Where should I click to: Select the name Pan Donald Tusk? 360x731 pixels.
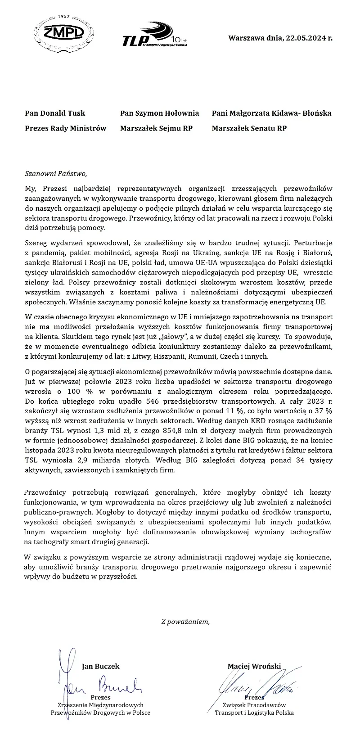click(x=55, y=113)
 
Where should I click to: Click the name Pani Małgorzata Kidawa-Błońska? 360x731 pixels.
click(x=271, y=113)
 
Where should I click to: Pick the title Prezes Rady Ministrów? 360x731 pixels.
click(x=66, y=128)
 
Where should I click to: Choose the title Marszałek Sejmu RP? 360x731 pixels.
click(x=156, y=128)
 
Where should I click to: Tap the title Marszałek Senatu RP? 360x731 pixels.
click(x=249, y=128)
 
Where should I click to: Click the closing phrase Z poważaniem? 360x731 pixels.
click(x=185, y=622)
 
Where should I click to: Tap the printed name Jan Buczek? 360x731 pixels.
click(x=101, y=666)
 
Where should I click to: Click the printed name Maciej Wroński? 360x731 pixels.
click(x=254, y=666)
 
